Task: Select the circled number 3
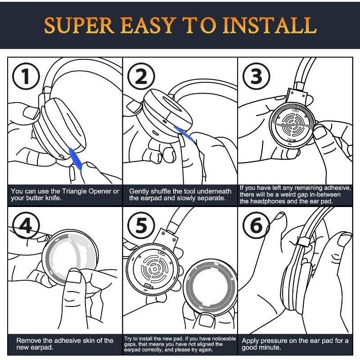[256, 76]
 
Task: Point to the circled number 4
[26, 225]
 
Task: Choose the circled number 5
[141, 225]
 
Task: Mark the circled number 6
[256, 225]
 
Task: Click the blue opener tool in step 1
[76, 159]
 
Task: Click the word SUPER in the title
[79, 25]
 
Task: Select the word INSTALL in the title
[270, 25]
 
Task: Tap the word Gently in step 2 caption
[139, 192]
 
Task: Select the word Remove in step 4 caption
[29, 341]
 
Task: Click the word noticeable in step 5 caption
[224, 339]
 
